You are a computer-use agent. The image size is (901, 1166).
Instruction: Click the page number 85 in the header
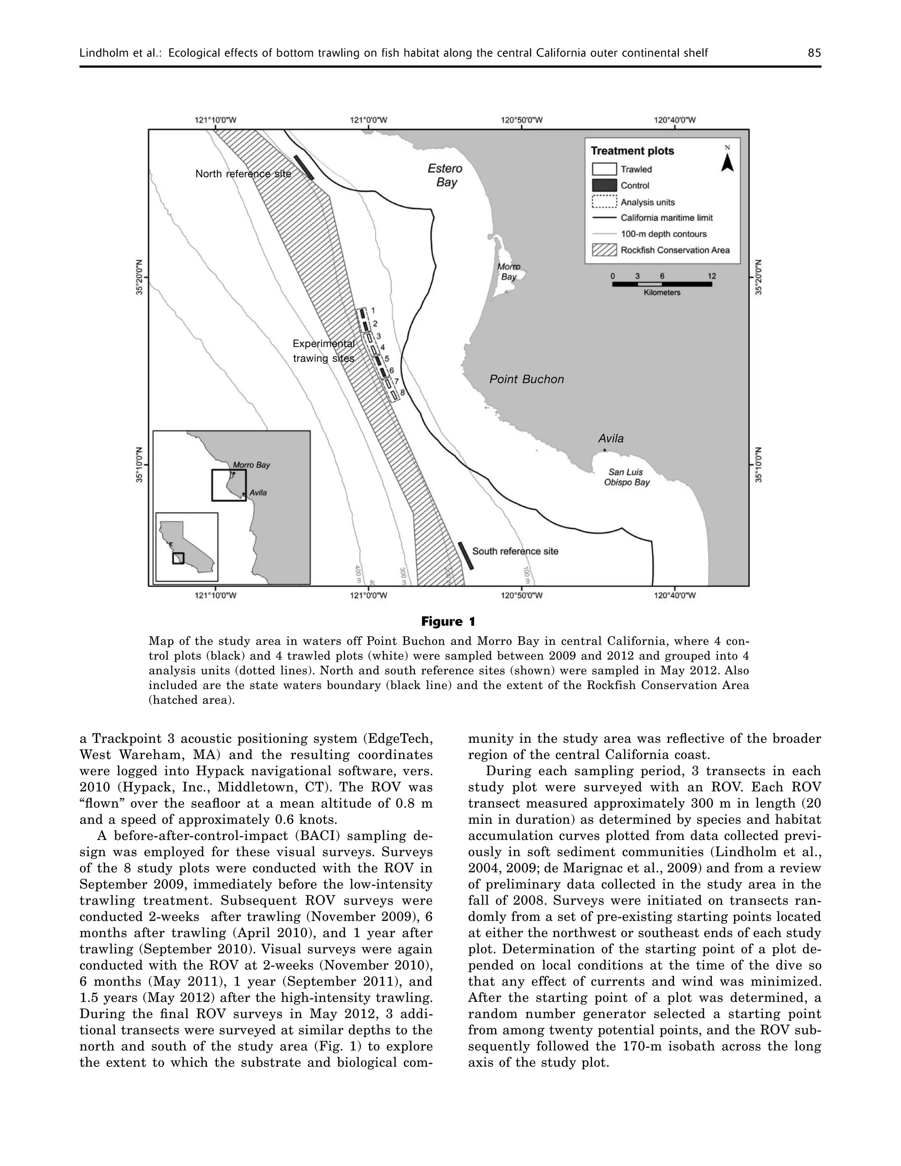tap(814, 53)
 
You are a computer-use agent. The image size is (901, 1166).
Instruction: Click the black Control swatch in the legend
tap(604, 186)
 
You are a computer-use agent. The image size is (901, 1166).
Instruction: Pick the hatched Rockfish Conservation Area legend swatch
tap(604, 250)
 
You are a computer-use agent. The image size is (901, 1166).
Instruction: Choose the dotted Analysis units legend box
tap(604, 202)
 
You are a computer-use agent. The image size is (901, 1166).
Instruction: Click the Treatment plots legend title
tap(632, 151)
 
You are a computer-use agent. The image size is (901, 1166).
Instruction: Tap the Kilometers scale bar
tap(662, 284)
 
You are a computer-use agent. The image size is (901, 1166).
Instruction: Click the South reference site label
tap(515, 551)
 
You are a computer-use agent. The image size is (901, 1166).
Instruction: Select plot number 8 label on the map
tap(403, 393)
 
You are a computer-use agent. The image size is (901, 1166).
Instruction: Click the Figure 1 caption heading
tap(448, 621)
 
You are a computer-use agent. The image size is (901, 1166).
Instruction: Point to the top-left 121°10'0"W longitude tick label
tap(216, 120)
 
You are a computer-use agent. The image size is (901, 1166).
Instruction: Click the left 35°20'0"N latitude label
tap(140, 277)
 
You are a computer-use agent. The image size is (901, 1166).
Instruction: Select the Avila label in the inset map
tap(258, 493)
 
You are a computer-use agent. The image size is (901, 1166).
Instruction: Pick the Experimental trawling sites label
tap(323, 351)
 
